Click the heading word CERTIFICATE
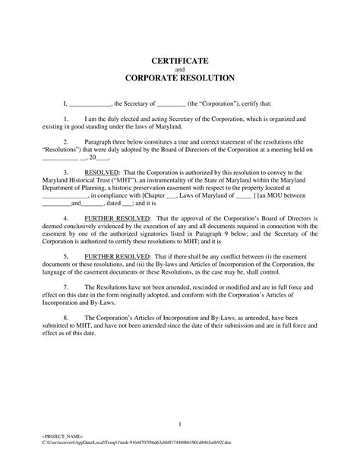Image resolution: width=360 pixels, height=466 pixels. coord(180,59)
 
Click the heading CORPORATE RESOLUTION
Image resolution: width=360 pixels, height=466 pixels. coord(180,78)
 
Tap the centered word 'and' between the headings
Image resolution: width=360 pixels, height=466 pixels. coord(180,68)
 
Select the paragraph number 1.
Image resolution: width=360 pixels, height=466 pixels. coord(66,119)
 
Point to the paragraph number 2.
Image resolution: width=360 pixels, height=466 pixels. coord(66,141)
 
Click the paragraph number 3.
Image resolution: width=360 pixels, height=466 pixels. coord(66,172)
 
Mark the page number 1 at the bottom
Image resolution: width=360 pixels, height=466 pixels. coord(180,423)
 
